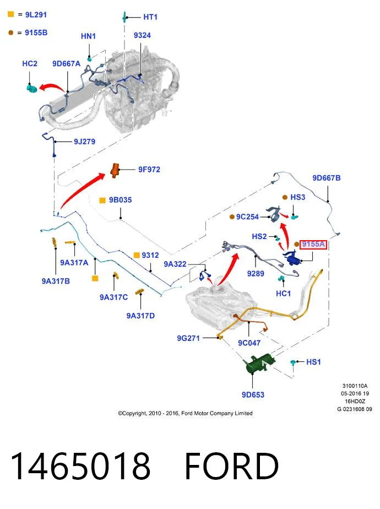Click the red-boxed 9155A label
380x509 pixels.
[313, 244]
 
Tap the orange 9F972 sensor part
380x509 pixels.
[115, 170]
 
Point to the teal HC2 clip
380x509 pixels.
[31, 88]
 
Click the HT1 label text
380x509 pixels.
[150, 17]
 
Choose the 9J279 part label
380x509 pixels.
[84, 142]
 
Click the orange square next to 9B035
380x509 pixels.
[102, 201]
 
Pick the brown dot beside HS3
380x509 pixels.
[285, 197]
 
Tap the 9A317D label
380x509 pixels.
[140, 316]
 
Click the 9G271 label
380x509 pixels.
[188, 338]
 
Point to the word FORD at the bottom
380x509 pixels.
[232, 466]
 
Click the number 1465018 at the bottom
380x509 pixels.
[80, 466]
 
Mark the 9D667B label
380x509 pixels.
[327, 178]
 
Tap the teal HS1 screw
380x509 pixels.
[292, 362]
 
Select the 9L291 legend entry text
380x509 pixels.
[36, 15]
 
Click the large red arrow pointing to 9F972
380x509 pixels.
[82, 190]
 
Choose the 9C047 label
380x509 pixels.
[249, 343]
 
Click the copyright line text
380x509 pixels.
[185, 413]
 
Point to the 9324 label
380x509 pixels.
[142, 35]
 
